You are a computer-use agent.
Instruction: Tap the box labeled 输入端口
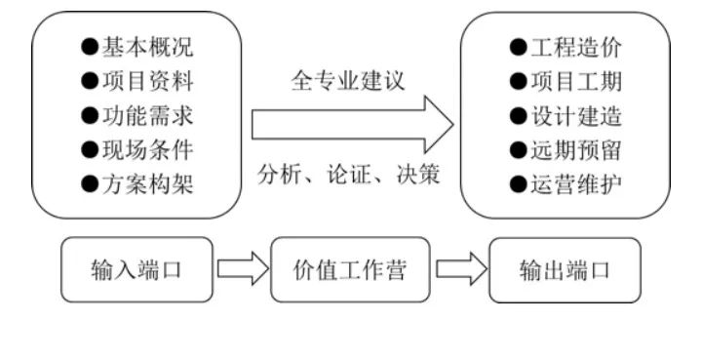point(136,269)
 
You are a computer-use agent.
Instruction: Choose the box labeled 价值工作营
point(349,269)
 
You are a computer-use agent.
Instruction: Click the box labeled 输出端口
point(565,269)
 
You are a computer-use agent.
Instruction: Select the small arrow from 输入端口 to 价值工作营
point(242,269)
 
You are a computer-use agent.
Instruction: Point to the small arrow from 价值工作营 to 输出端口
point(459,269)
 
